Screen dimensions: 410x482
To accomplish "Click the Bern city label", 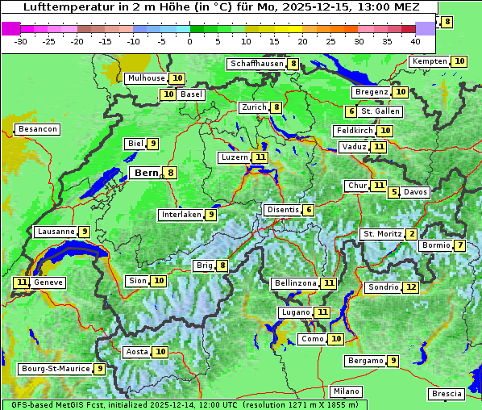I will pyautogui.click(x=146, y=173).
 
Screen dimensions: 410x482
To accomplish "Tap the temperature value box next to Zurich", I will pyautogui.click(x=276, y=107).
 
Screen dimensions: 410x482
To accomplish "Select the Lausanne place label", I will pyautogui.click(x=56, y=232).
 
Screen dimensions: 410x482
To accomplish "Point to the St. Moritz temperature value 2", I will pyautogui.click(x=412, y=234).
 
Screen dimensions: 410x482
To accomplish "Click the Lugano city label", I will pyautogui.click(x=295, y=312).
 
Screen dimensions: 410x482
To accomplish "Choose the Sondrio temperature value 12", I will pyautogui.click(x=411, y=287).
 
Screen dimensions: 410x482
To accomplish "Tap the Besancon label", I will pyautogui.click(x=38, y=129).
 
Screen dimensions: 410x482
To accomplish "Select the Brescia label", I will pyautogui.click(x=447, y=394).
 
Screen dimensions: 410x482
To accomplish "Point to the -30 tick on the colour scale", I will pyautogui.click(x=20, y=40).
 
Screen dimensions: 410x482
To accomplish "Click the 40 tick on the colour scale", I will pyautogui.click(x=415, y=40).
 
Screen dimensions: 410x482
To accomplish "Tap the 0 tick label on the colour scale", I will pyautogui.click(x=190, y=40).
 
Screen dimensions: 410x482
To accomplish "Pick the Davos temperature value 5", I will pyautogui.click(x=394, y=192).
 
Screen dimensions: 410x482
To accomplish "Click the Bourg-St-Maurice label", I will pyautogui.click(x=55, y=369).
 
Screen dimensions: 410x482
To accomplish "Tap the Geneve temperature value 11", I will pyautogui.click(x=21, y=282).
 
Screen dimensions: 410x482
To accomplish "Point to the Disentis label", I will pyautogui.click(x=283, y=210).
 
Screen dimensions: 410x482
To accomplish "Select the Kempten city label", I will pyautogui.click(x=430, y=61).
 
